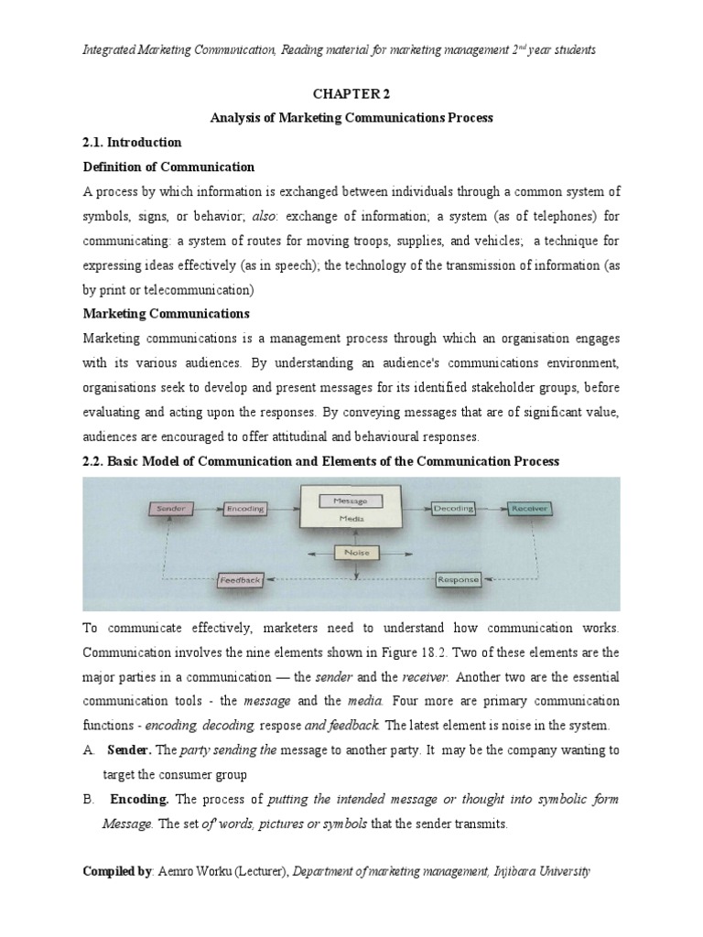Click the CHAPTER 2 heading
pos(351,93)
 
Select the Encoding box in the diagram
pos(244,506)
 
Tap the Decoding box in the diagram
pos(454,506)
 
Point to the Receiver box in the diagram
pos(529,506)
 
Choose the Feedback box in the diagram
pos(241,579)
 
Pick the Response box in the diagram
pos(458,579)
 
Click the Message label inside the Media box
pos(351,501)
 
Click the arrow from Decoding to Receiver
pos(491,506)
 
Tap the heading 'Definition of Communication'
pos(169,167)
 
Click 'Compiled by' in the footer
pos(116,873)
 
